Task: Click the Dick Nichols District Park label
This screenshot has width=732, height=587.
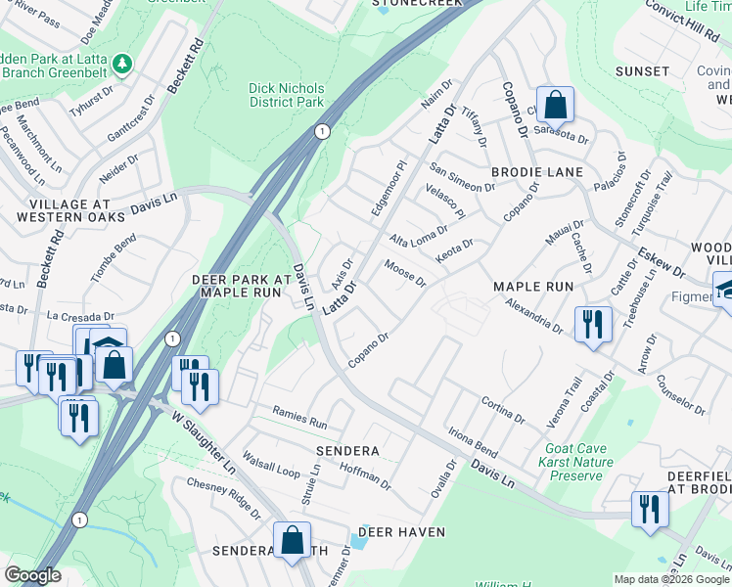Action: (286, 95)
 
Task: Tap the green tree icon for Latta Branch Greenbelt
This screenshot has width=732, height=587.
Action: (122, 64)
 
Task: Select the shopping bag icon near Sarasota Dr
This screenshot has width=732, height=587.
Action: (555, 105)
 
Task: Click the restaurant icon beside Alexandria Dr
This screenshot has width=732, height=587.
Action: (592, 324)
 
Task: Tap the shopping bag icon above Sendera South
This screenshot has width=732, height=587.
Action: (292, 540)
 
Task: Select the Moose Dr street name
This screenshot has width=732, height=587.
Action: (405, 274)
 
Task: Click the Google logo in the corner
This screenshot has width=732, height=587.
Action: (33, 575)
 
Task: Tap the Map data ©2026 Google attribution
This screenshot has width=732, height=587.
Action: (671, 579)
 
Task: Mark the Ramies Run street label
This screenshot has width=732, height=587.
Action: (299, 422)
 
